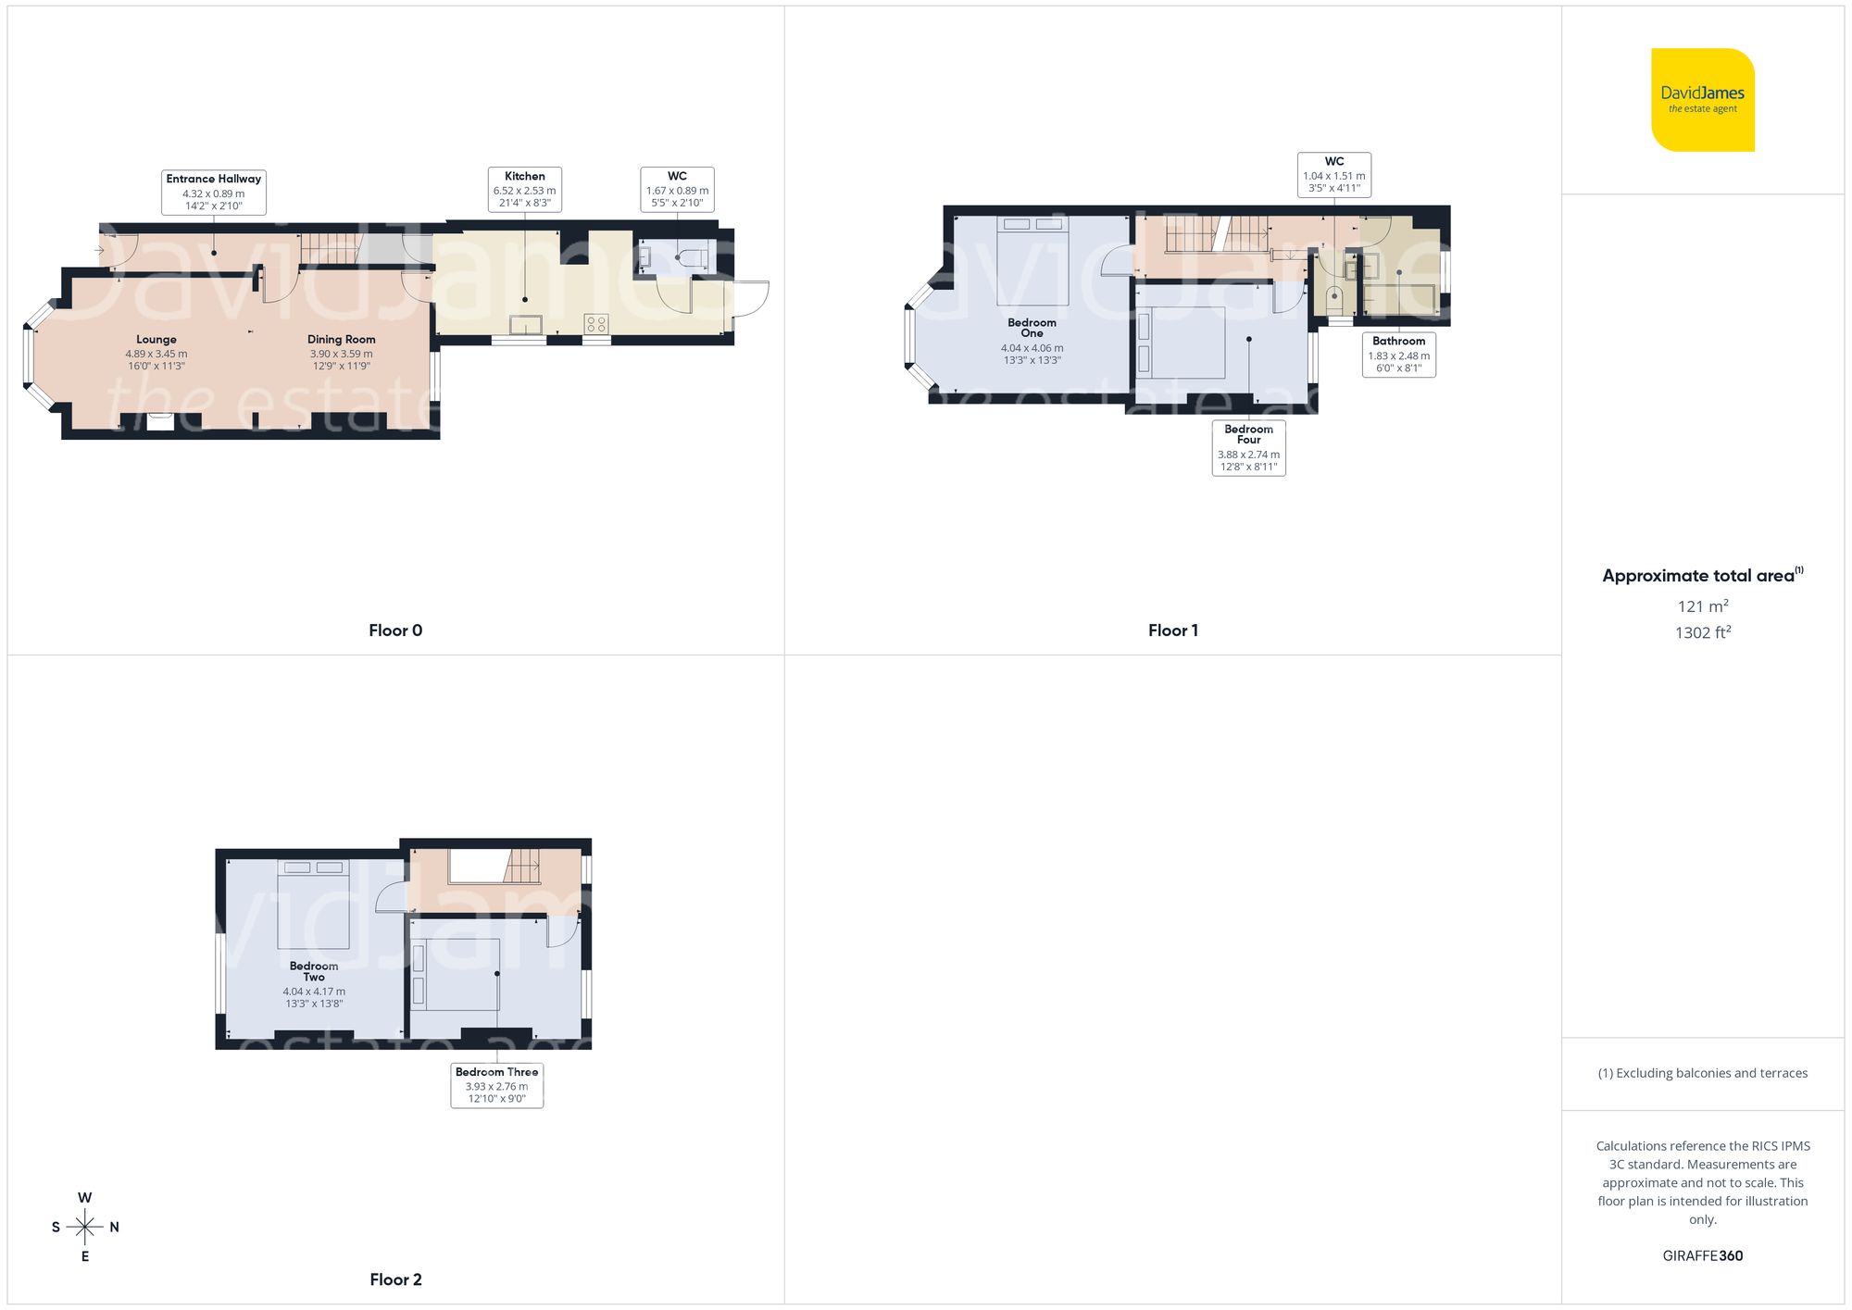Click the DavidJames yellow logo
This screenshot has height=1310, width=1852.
[x=1702, y=100]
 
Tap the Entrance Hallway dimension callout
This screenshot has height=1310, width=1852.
[x=214, y=193]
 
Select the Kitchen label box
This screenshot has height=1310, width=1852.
[x=525, y=190]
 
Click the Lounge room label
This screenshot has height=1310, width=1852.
[x=156, y=340]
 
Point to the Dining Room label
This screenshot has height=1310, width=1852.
[x=342, y=340]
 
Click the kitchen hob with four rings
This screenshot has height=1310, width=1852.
[x=596, y=324]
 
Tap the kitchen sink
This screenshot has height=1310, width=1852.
[x=525, y=324]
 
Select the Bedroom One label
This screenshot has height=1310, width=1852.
[x=1032, y=328]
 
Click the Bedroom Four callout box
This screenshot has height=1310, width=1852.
[x=1248, y=448]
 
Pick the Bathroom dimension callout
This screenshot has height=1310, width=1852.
[x=1398, y=355]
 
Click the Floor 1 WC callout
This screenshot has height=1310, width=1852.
[x=1333, y=175]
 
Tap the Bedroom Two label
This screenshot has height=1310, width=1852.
[x=314, y=971]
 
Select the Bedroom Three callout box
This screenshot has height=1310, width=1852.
[x=497, y=1085]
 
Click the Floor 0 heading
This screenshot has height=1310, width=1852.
[x=395, y=630]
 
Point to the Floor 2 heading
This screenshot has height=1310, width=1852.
[x=395, y=1279]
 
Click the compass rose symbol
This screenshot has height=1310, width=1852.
[x=85, y=1228]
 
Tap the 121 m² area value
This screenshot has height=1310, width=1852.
[x=1702, y=606]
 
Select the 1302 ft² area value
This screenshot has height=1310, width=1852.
[x=1702, y=632]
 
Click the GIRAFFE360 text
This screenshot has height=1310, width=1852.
[x=1702, y=1256]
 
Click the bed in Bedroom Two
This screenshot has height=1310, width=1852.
[x=314, y=905]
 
